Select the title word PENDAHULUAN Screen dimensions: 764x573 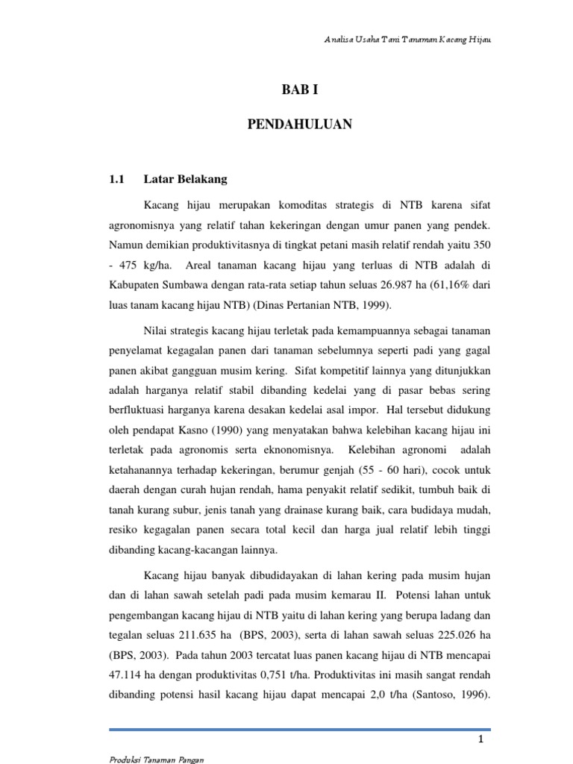pos(299,125)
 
